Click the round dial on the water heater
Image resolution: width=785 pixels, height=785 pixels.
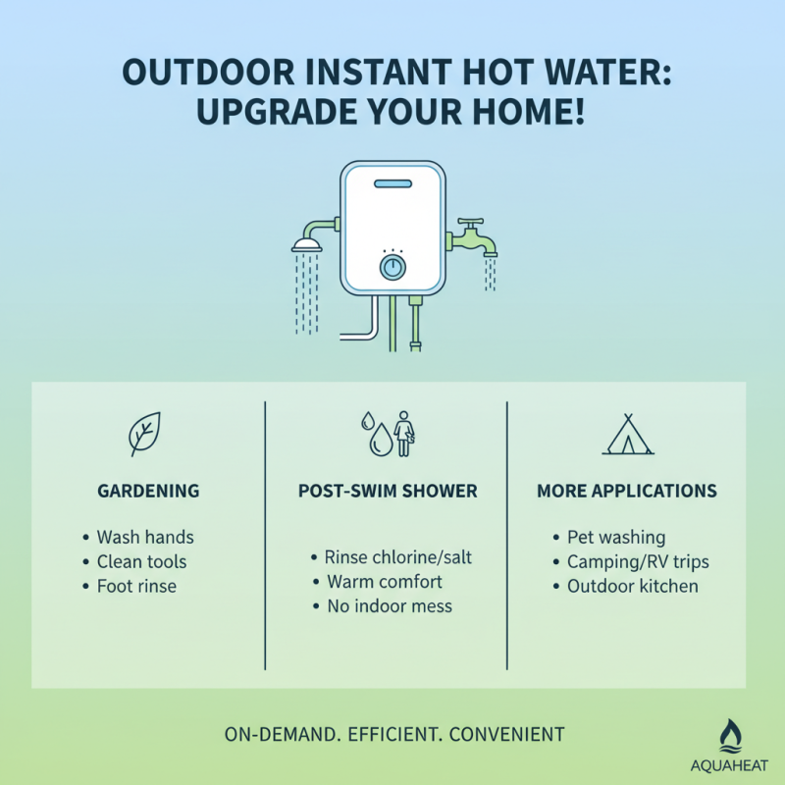(392, 267)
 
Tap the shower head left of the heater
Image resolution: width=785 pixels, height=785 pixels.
(307, 244)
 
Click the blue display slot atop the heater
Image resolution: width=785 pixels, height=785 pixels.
(392, 183)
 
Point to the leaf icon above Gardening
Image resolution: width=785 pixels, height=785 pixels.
(145, 434)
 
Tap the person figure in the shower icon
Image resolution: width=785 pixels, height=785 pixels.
(403, 433)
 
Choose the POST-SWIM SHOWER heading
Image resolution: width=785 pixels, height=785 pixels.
(387, 491)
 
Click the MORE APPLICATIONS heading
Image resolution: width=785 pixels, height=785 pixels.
(626, 491)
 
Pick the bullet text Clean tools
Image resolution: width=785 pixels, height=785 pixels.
(140, 562)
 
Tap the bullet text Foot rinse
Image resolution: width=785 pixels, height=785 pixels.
(136, 587)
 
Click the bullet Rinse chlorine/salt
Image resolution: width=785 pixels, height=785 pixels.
(397, 557)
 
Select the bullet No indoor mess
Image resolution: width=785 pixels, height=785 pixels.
(389, 606)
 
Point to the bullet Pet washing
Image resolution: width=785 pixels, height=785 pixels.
(615, 538)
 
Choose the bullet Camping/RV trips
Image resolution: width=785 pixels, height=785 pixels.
(637, 562)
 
